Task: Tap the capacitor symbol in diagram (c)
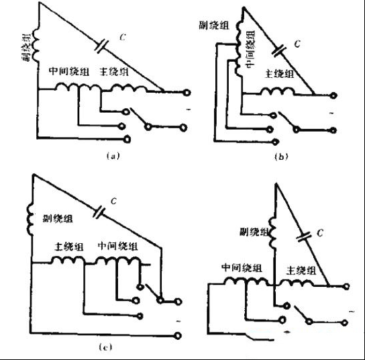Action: [99, 212]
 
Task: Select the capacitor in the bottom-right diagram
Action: [304, 235]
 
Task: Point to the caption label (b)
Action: [282, 157]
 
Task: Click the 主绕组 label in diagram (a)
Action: [113, 72]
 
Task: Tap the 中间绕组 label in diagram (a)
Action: [69, 71]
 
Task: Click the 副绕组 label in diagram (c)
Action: [57, 219]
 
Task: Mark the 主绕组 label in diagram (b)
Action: [279, 75]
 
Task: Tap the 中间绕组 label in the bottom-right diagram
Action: [239, 267]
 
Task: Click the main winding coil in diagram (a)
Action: [127, 88]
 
